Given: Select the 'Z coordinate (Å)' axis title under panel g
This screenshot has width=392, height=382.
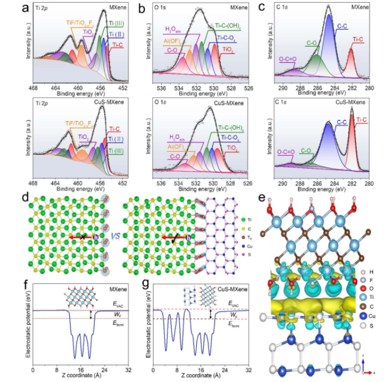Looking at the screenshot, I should [202, 376].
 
